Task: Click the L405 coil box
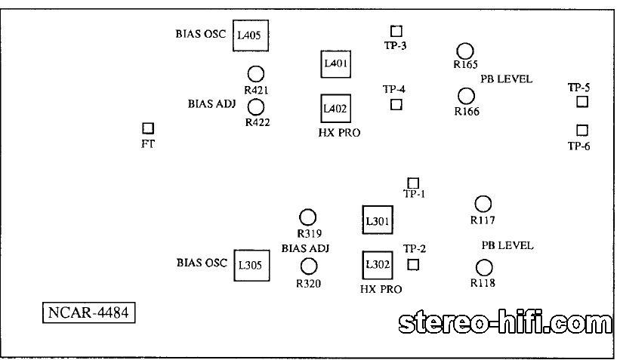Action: (x=251, y=35)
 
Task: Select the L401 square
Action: (x=335, y=64)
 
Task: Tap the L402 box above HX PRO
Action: (x=335, y=109)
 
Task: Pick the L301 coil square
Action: (x=377, y=221)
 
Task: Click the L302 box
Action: (x=377, y=264)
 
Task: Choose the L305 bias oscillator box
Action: (x=251, y=264)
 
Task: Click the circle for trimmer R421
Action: (x=256, y=74)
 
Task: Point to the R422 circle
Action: (x=256, y=107)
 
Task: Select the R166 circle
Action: (x=467, y=96)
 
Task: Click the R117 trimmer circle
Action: (x=483, y=204)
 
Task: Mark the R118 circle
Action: (x=484, y=267)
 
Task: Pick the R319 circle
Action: (x=307, y=217)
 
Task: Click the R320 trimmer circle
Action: (x=309, y=266)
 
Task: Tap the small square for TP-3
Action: (x=396, y=31)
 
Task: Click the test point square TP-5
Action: (x=582, y=102)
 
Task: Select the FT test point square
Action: (x=148, y=129)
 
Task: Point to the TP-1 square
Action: (x=413, y=183)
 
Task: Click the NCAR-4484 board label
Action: (x=88, y=312)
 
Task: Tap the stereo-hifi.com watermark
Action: (x=505, y=323)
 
